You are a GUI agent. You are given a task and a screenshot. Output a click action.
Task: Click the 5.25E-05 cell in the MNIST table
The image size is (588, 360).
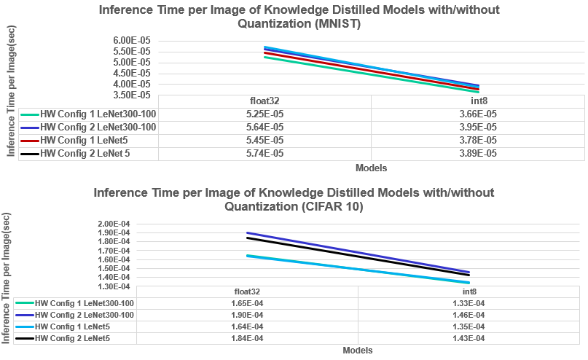(x=264, y=114)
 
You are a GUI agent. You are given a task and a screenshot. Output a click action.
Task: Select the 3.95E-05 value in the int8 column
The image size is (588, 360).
(x=478, y=128)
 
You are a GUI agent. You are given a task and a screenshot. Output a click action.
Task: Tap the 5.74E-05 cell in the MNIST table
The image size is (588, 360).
(x=264, y=154)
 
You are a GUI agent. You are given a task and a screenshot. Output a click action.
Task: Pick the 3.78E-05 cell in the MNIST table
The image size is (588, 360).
(x=478, y=141)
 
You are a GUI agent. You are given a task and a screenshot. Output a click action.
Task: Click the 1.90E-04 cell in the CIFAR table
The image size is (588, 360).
(x=246, y=315)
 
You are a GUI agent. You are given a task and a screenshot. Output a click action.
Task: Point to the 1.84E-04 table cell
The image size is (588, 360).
(x=246, y=339)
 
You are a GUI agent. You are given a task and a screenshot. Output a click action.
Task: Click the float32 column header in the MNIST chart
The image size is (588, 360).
(x=264, y=101)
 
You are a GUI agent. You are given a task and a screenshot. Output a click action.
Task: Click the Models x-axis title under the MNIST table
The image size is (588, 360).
(x=371, y=168)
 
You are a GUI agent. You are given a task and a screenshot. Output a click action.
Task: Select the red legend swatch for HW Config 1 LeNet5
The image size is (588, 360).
(x=29, y=141)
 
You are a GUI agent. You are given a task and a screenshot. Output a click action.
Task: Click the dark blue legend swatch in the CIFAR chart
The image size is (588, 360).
(x=23, y=315)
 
